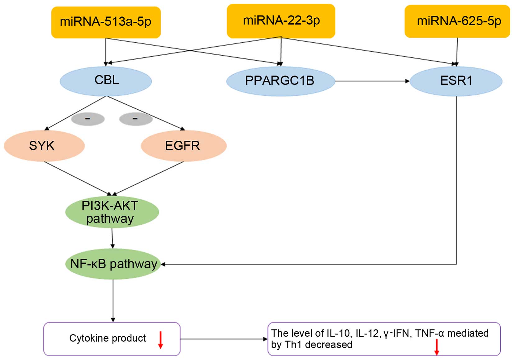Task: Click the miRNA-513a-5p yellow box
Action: click(106, 22)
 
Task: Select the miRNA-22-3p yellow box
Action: click(281, 21)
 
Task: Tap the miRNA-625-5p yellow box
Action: click(457, 21)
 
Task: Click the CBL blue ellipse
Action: click(106, 80)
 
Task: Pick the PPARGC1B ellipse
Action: click(280, 81)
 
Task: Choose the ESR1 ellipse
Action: click(456, 81)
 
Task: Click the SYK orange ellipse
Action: click(44, 146)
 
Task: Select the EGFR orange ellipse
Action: click(183, 146)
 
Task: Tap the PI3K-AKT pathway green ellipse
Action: click(112, 212)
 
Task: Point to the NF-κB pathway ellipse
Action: click(113, 264)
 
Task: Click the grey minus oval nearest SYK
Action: click(88, 119)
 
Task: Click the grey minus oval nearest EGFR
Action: click(135, 119)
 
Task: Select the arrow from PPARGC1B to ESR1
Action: click(372, 81)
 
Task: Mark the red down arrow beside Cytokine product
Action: click(160, 340)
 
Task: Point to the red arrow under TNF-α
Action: click(437, 347)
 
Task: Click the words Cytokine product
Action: click(108, 338)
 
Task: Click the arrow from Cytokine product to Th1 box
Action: click(224, 339)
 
